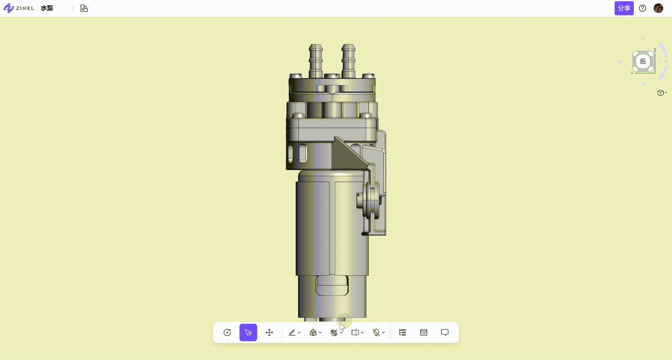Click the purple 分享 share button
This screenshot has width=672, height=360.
pos(624,8)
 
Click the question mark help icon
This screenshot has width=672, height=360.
pos(643,8)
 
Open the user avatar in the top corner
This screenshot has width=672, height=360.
pos(658,8)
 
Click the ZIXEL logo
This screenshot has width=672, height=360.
pos(19,8)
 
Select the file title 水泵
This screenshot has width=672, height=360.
pos(47,8)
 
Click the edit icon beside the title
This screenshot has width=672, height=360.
pos(84,8)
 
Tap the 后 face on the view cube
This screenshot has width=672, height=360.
pos(643,61)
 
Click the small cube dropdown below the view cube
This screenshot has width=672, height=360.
pos(662,93)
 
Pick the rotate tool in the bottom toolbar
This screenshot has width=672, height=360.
pos(227,332)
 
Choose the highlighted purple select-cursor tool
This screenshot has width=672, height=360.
pos(248,332)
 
